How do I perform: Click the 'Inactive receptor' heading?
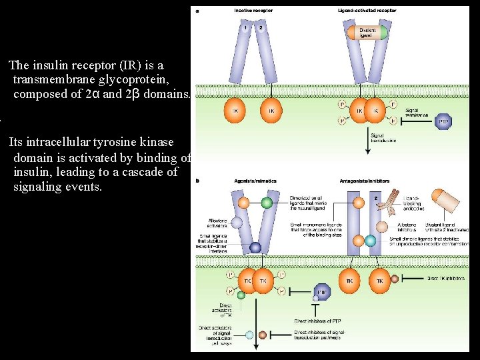click(253, 11)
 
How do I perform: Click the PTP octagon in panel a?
click(443, 121)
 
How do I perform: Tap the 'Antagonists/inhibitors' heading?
click(363, 181)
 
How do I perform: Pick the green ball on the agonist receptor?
click(267, 202)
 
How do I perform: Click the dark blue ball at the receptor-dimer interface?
click(255, 247)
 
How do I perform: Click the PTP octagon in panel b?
click(322, 291)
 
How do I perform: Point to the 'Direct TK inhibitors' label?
click(447, 279)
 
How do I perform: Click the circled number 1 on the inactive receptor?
click(245, 28)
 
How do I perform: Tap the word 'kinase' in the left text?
click(155, 142)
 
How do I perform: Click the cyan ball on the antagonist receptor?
click(359, 240)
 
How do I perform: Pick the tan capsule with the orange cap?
click(445, 199)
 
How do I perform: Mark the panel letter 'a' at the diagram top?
click(196, 11)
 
